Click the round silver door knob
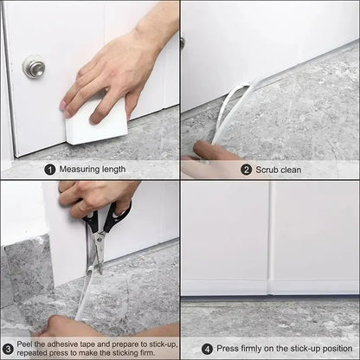coord(34,67)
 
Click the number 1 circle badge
coord(50,170)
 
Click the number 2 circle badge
coord(247,170)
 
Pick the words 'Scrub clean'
coord(279,170)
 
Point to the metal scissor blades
coord(95,251)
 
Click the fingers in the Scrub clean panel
coord(212,156)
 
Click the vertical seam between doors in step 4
coord(270,242)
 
